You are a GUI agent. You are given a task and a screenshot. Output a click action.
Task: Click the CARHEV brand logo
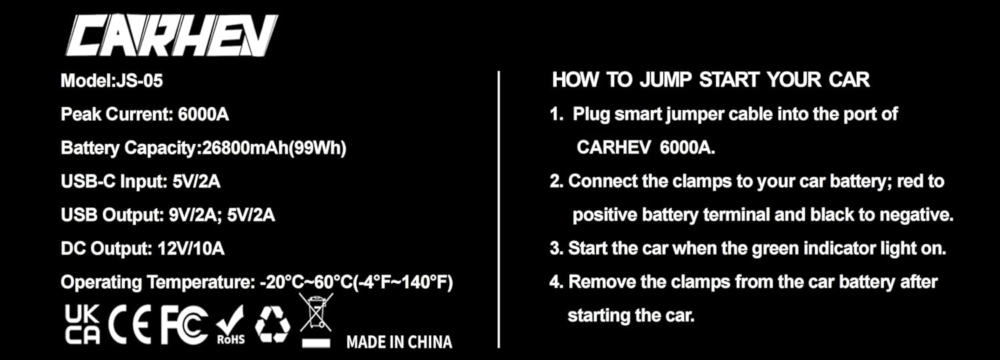pyautogui.click(x=171, y=35)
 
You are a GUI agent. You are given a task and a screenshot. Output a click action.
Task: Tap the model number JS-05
pyautogui.click(x=139, y=81)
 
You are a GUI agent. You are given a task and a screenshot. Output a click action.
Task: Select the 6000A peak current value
pyautogui.click(x=203, y=114)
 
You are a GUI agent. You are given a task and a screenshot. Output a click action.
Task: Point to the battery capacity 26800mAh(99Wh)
pyautogui.click(x=273, y=148)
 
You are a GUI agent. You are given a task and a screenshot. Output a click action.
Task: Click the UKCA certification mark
pyautogui.click(x=83, y=324)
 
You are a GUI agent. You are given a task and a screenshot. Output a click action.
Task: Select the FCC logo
pyautogui.click(x=184, y=325)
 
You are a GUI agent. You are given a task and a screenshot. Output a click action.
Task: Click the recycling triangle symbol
pyautogui.click(x=273, y=323)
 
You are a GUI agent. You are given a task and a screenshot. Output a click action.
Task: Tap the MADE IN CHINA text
pyautogui.click(x=399, y=342)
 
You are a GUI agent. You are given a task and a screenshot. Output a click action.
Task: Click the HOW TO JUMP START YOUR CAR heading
pyautogui.click(x=711, y=80)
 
